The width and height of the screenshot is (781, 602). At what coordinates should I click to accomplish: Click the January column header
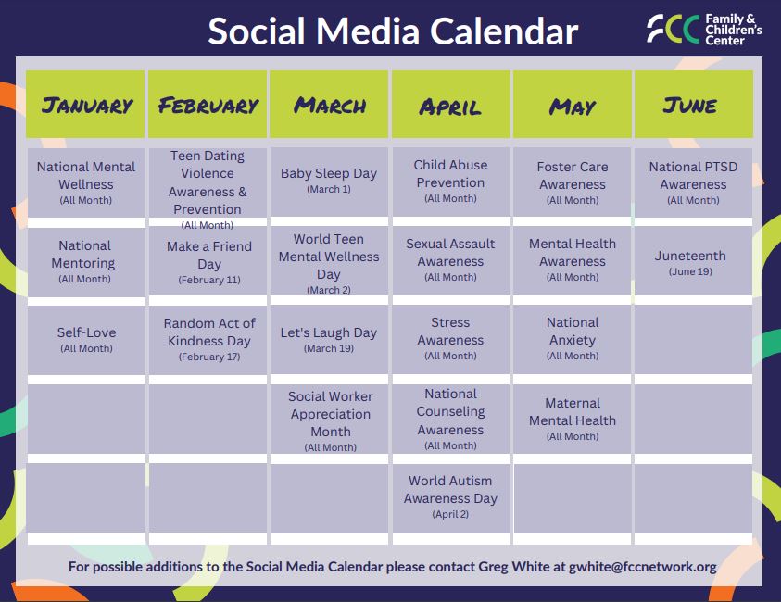point(85,104)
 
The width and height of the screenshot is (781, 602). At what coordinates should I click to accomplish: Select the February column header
point(208,104)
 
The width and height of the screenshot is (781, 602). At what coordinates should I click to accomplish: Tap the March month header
point(329,104)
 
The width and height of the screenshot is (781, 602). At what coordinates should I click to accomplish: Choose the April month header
point(451,104)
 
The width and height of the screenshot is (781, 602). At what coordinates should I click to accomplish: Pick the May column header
point(573,104)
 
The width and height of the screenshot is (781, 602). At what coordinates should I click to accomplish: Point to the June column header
point(693,104)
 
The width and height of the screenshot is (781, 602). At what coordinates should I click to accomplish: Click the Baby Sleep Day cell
point(329,182)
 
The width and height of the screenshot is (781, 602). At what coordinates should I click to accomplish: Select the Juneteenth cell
point(693,261)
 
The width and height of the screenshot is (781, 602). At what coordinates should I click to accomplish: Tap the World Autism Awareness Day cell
point(451,498)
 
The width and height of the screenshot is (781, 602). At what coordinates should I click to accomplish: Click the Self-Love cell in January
point(86,340)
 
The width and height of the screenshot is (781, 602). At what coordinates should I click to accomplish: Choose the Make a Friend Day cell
point(208,261)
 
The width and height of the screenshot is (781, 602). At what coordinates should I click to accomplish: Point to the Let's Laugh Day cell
point(329,340)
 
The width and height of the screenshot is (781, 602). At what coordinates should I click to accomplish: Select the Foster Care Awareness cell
point(573,182)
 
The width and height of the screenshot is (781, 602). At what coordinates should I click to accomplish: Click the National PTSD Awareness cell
point(693,182)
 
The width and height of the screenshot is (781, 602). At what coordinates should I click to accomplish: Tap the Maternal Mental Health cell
point(573,419)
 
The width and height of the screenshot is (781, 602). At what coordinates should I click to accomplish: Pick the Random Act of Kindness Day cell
point(208,340)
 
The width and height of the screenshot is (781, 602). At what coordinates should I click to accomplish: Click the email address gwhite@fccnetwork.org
point(643,567)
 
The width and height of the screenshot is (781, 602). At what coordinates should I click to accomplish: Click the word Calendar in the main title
point(504,31)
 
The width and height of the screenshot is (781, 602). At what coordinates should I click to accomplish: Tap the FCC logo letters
point(674,29)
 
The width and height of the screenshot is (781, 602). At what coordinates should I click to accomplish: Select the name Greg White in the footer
point(514,567)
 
